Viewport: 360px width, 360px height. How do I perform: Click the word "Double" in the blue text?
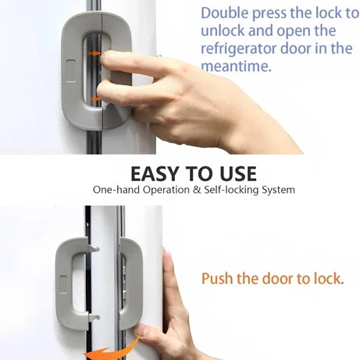(224, 13)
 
